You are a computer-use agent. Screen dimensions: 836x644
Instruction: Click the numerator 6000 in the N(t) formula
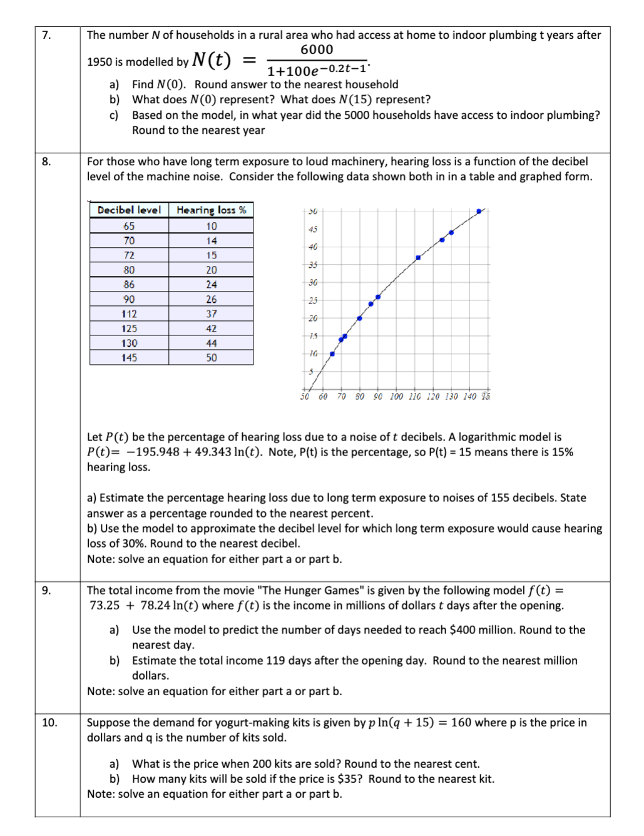pyautogui.click(x=317, y=50)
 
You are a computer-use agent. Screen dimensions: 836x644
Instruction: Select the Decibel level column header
pyautogui.click(x=129, y=210)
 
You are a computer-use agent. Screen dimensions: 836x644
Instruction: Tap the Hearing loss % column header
pyautogui.click(x=211, y=210)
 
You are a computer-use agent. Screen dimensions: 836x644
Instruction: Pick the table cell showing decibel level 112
pyautogui.click(x=129, y=314)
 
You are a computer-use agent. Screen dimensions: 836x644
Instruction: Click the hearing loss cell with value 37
pyautogui.click(x=212, y=314)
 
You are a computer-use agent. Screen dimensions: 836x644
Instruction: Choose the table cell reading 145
pyautogui.click(x=129, y=358)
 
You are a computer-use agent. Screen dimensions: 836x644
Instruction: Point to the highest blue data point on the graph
pyautogui.click(x=479, y=212)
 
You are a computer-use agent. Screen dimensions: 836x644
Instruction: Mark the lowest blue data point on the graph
pyautogui.click(x=332, y=354)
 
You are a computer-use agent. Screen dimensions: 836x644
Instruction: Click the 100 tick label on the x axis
pyautogui.click(x=396, y=397)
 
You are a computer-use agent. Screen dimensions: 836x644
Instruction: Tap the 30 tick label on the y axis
pyautogui.click(x=313, y=283)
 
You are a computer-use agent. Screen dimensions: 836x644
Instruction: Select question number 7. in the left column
pyautogui.click(x=46, y=35)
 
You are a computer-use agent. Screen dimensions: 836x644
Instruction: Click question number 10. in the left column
pyautogui.click(x=49, y=723)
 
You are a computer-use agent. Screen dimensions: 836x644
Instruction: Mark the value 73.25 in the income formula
pyautogui.click(x=105, y=606)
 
